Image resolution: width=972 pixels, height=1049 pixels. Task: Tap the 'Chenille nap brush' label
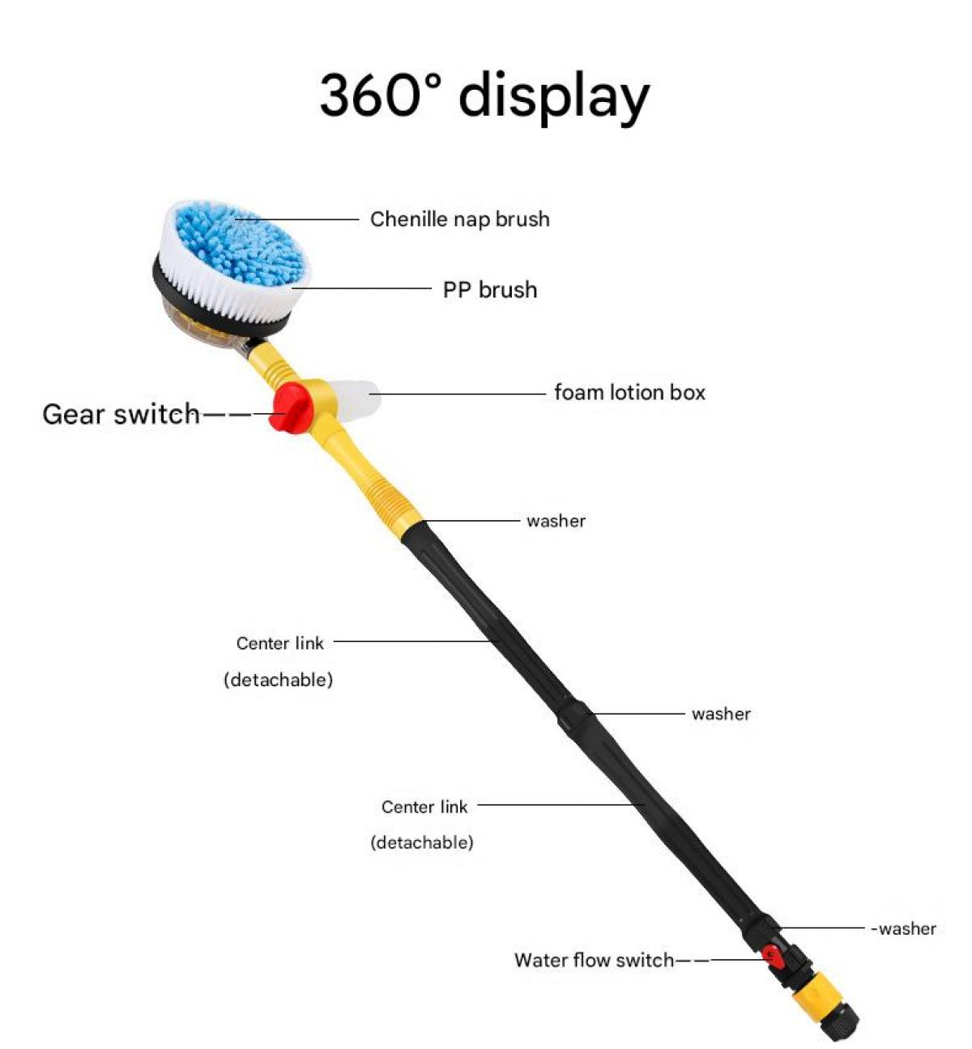[459, 219]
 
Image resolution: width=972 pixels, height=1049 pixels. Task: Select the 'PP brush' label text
[490, 289]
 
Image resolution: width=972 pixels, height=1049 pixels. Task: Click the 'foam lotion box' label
[629, 392]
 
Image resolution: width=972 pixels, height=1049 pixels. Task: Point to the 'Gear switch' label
[121, 414]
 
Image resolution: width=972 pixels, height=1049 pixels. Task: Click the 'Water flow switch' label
[595, 960]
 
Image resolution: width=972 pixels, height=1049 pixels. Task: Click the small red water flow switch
[773, 957]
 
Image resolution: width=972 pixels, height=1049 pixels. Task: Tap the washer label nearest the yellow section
[556, 522]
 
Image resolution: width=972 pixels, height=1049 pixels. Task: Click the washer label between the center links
[721, 714]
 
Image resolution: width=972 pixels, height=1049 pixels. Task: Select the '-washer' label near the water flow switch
[903, 928]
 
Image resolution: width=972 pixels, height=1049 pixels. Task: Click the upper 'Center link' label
[280, 643]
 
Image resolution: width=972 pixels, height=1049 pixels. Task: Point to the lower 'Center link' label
[424, 807]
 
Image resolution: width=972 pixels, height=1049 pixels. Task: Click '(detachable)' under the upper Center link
[279, 680]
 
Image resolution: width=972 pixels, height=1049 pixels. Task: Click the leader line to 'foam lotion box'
[458, 394]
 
